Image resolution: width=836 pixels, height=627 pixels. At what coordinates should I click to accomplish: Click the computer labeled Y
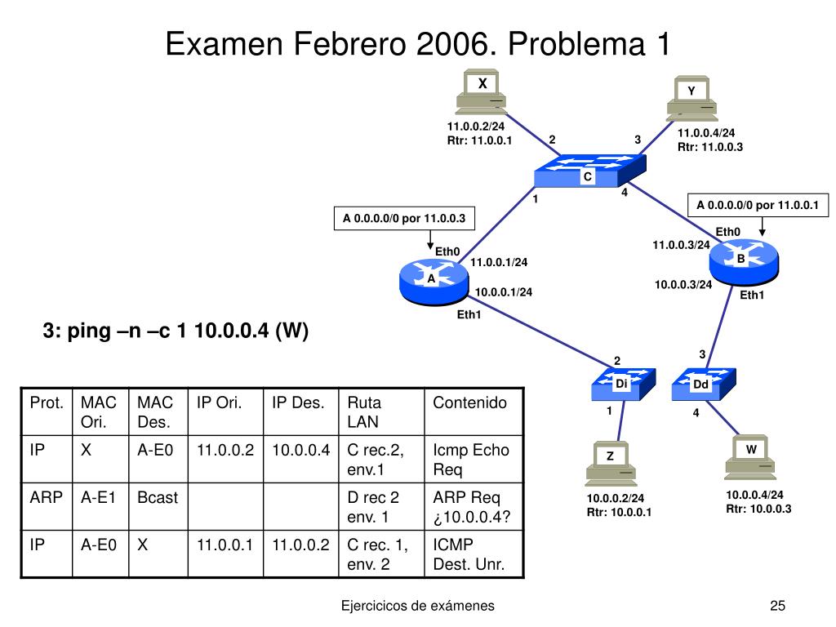click(691, 98)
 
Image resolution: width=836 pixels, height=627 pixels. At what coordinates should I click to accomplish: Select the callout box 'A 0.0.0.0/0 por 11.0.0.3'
click(405, 218)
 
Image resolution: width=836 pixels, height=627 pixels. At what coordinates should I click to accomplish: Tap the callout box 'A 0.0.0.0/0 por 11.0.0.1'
click(758, 204)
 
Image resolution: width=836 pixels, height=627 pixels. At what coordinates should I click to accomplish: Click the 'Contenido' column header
click(470, 402)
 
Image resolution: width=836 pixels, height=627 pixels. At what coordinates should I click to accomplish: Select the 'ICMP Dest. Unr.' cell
click(470, 554)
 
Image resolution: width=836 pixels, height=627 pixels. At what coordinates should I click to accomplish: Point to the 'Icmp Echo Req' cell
click(470, 459)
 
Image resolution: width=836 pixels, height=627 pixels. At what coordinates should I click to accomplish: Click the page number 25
click(776, 605)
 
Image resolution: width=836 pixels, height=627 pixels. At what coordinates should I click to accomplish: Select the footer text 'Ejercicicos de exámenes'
click(417, 605)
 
